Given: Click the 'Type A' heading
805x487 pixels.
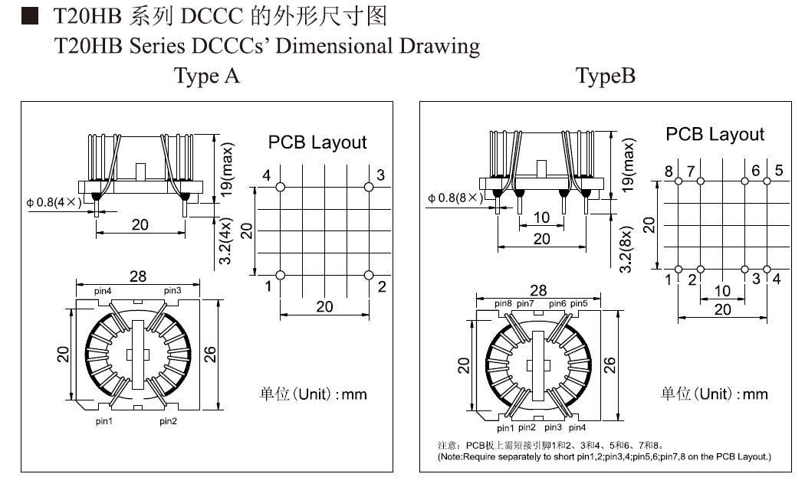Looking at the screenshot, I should [x=207, y=77].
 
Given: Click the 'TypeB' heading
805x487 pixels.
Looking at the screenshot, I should [x=606, y=77].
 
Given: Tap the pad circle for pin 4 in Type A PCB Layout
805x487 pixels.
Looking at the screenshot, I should [x=281, y=186].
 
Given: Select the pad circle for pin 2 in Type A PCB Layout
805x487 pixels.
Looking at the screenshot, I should [x=370, y=275].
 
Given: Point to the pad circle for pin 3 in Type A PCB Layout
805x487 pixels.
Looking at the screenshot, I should [x=370, y=186].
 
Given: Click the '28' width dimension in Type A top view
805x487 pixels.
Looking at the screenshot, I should [x=138, y=276].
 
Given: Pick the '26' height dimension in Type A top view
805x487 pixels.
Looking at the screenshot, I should [x=211, y=354].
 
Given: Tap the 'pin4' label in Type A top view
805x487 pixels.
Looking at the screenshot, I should [x=103, y=291].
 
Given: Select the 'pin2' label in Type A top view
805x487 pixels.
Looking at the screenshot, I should [x=169, y=421].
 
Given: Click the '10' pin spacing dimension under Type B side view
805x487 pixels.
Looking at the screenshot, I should [x=541, y=217].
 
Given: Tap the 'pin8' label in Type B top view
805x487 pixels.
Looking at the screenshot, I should [x=503, y=304].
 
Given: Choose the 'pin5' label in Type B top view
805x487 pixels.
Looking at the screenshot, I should [x=580, y=304].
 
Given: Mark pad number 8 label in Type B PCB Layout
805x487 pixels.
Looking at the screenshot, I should [x=669, y=171].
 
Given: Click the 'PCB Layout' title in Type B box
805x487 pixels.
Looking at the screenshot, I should [x=715, y=135].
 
